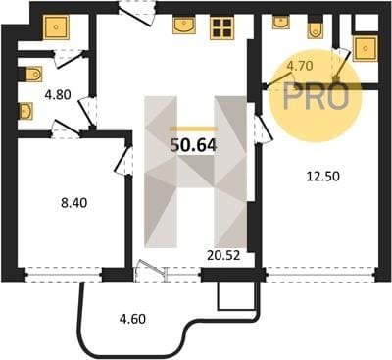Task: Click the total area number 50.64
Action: click(x=193, y=145)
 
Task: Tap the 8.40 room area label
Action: click(x=74, y=203)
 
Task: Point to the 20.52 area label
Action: click(x=223, y=255)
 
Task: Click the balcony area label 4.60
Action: click(x=132, y=319)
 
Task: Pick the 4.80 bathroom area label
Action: click(x=58, y=95)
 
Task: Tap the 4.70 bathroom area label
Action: click(x=300, y=66)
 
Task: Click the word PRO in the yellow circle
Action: click(x=316, y=96)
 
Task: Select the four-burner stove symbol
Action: click(x=221, y=27)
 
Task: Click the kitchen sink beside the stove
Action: click(x=184, y=26)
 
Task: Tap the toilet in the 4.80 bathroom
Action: click(x=33, y=75)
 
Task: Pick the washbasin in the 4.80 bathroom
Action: click(x=25, y=112)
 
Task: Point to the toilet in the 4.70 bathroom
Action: click(x=316, y=29)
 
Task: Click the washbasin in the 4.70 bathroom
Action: click(x=280, y=23)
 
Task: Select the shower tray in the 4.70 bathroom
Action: click(x=366, y=48)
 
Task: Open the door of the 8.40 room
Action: click(x=124, y=160)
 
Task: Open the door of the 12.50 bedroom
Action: click(x=263, y=127)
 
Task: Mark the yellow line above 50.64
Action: click(x=194, y=129)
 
